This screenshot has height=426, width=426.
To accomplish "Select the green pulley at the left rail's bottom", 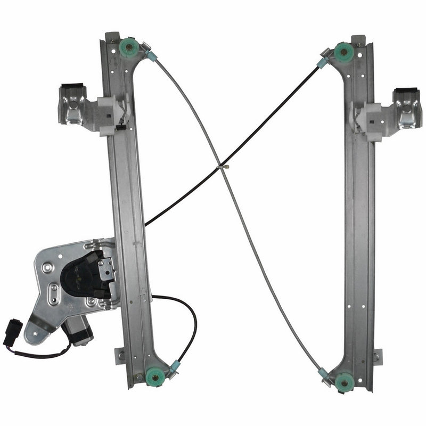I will [x=154, y=376].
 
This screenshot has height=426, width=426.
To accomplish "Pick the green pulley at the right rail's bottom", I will [x=343, y=381].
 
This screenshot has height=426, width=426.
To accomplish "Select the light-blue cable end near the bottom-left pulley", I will [x=175, y=366].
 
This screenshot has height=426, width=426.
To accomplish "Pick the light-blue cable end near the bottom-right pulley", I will [x=323, y=373].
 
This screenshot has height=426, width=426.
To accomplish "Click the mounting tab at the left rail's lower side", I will [x=120, y=354].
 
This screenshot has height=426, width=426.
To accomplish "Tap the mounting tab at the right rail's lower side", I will [x=377, y=356].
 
